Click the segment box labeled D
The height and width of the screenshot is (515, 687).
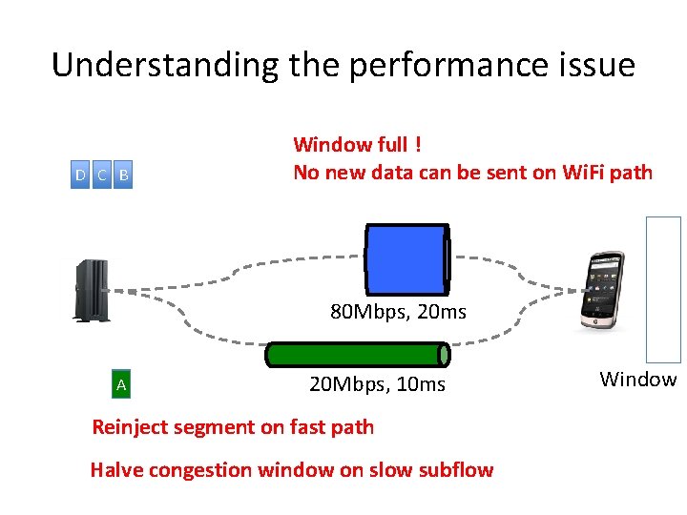81,175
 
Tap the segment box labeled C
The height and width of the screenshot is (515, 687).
101,175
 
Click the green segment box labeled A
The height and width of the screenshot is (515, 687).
121,385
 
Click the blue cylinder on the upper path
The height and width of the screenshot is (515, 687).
406,258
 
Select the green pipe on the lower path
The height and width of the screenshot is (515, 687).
357,355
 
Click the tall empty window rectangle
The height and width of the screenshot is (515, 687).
664,289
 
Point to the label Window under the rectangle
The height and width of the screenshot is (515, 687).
637,380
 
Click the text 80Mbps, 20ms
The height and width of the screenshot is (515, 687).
398,311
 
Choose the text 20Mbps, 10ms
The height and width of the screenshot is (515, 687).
377,383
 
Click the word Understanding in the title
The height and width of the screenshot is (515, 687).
164,65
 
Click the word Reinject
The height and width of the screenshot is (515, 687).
129,427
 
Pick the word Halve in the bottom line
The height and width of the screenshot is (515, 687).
114,469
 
